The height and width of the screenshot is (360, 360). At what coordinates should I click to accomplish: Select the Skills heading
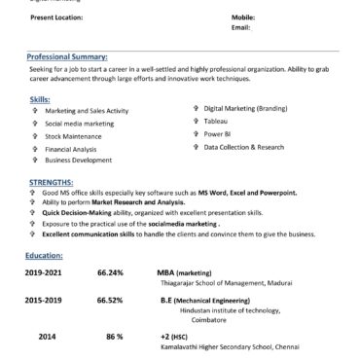click(x=41, y=100)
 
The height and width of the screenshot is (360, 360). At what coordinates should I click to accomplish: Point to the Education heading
click(x=47, y=254)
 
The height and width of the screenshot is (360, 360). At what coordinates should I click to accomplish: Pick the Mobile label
click(x=242, y=18)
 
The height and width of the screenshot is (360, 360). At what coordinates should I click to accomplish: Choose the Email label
click(x=241, y=27)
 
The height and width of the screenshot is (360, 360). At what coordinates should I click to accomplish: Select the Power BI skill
click(x=218, y=134)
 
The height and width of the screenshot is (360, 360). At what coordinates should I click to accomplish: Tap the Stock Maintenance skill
click(x=75, y=137)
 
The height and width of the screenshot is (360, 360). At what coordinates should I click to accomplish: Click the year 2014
click(x=48, y=335)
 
